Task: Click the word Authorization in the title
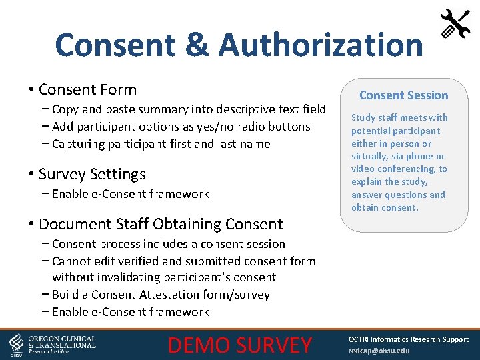321,45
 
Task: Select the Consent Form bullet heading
87,89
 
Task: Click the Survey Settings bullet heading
92,174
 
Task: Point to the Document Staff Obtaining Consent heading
161,224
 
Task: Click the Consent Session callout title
404,95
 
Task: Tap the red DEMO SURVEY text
240,345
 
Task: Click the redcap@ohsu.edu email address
379,351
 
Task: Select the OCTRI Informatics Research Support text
408,339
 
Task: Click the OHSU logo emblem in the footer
16,344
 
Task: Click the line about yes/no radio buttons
181,127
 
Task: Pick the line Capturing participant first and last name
161,144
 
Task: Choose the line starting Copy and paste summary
189,109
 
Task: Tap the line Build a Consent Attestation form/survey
161,295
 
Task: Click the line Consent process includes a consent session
168,244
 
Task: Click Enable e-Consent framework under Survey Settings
130,194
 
